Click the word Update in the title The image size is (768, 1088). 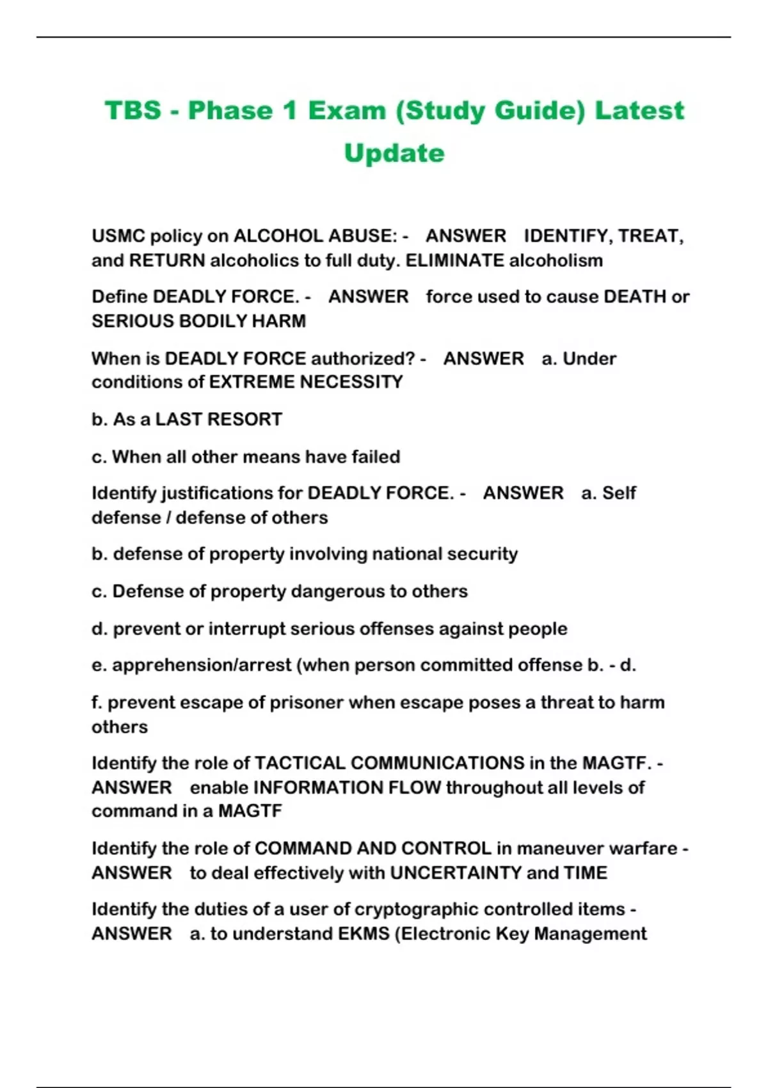click(x=394, y=154)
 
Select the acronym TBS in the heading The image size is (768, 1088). click(x=133, y=111)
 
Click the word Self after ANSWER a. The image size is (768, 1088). click(x=619, y=493)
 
